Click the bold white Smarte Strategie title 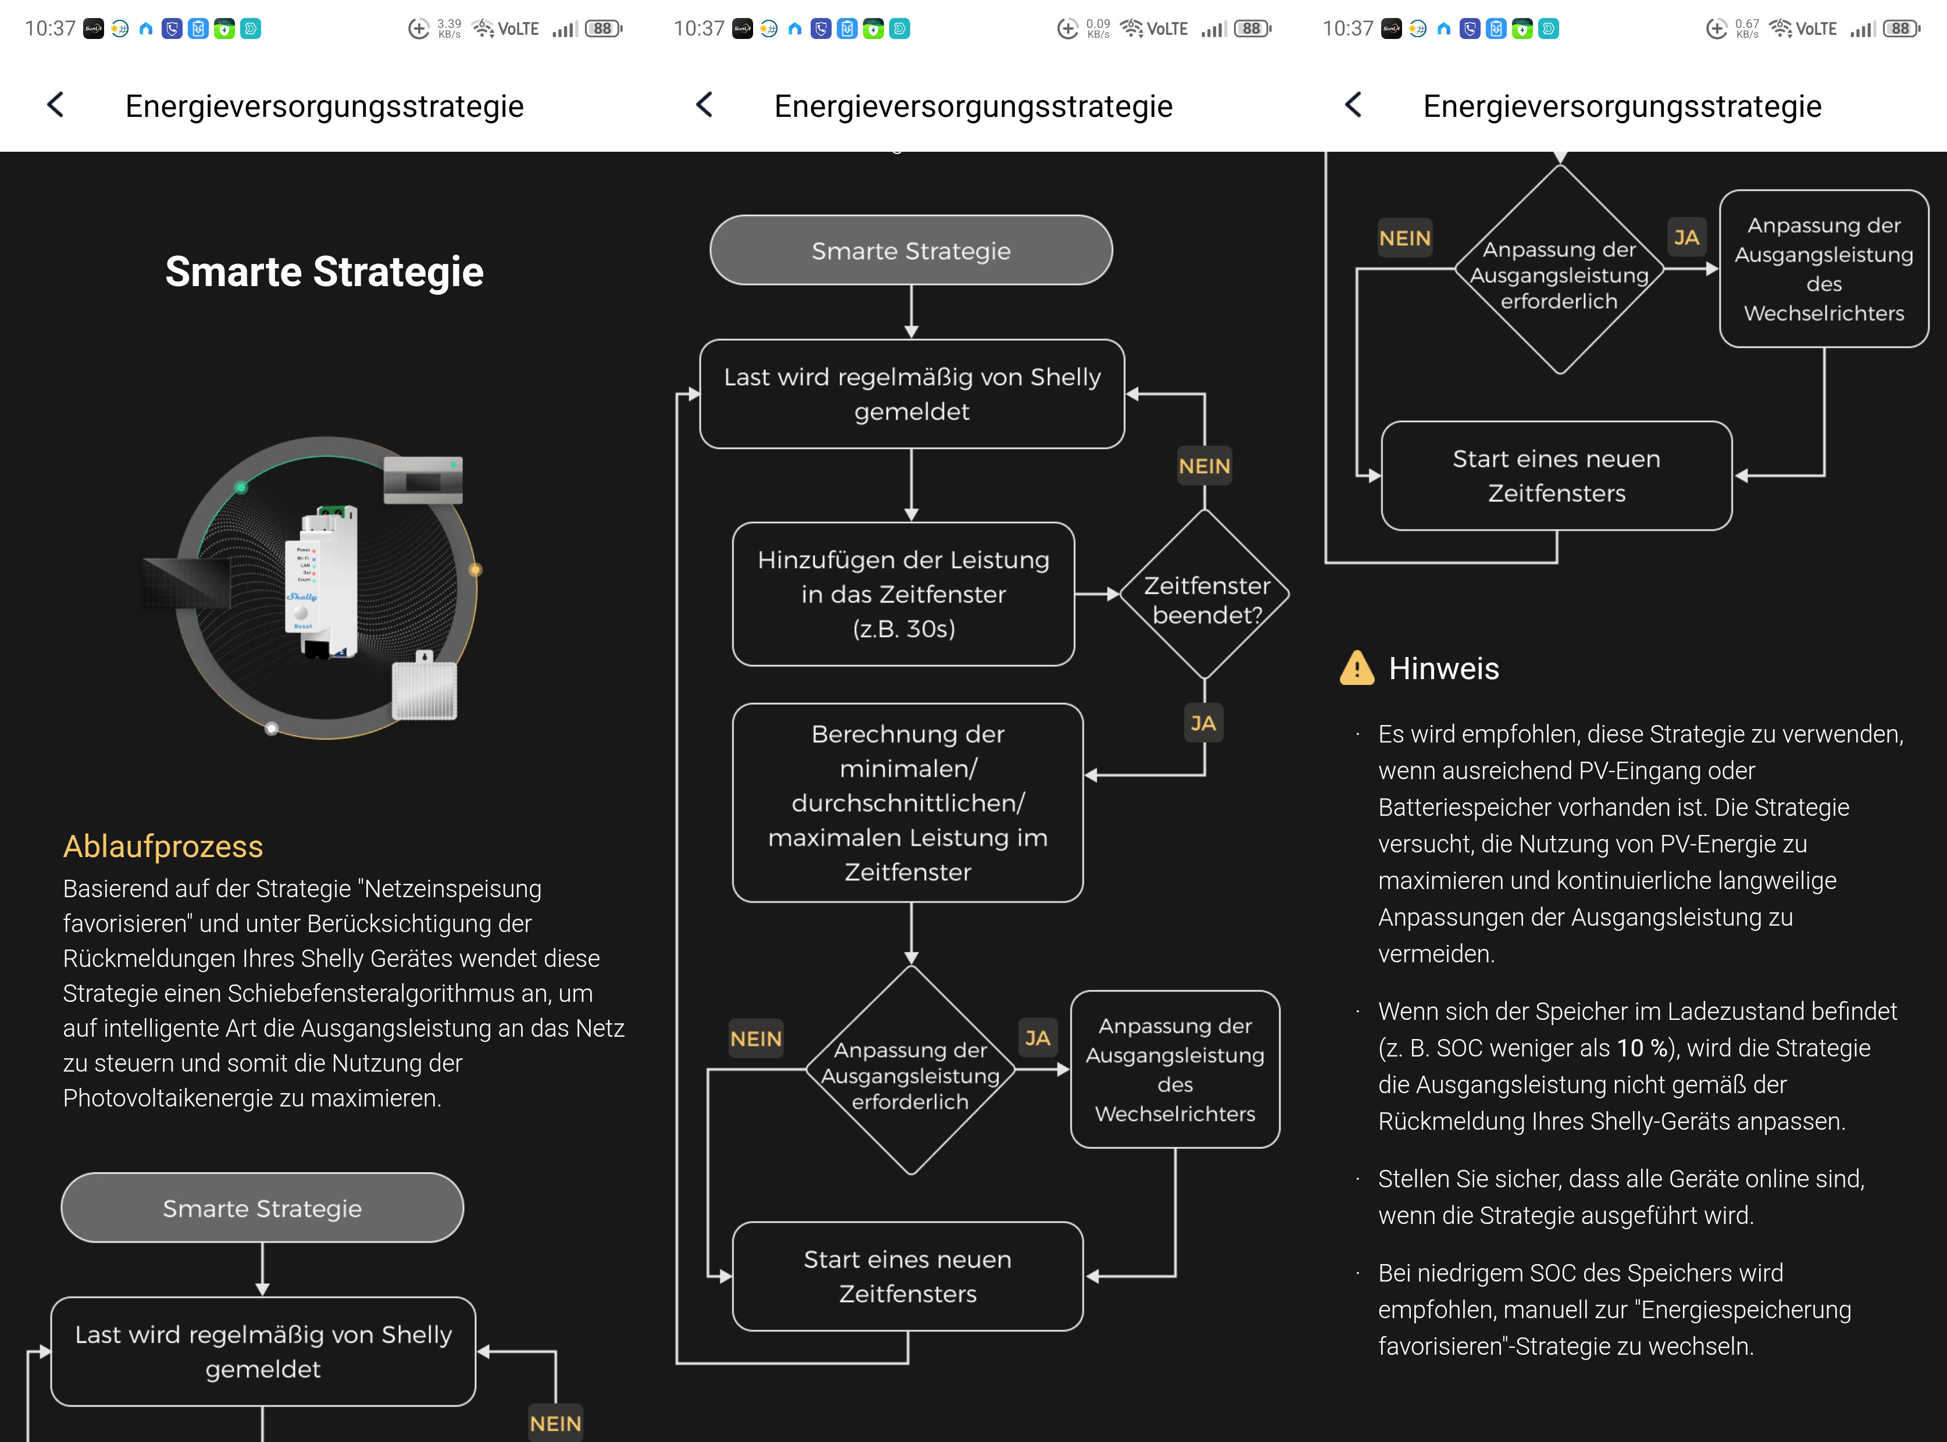324,272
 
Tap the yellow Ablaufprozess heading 163,846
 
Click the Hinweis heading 1443,669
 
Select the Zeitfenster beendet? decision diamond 1205,594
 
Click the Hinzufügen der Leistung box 904,594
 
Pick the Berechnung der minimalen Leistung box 908,803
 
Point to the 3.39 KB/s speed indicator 449,29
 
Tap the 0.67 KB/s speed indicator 1747,29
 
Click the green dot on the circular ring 241,487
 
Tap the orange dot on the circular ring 475,570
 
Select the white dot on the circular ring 272,728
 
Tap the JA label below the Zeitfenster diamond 1203,723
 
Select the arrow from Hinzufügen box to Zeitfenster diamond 1097,594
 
